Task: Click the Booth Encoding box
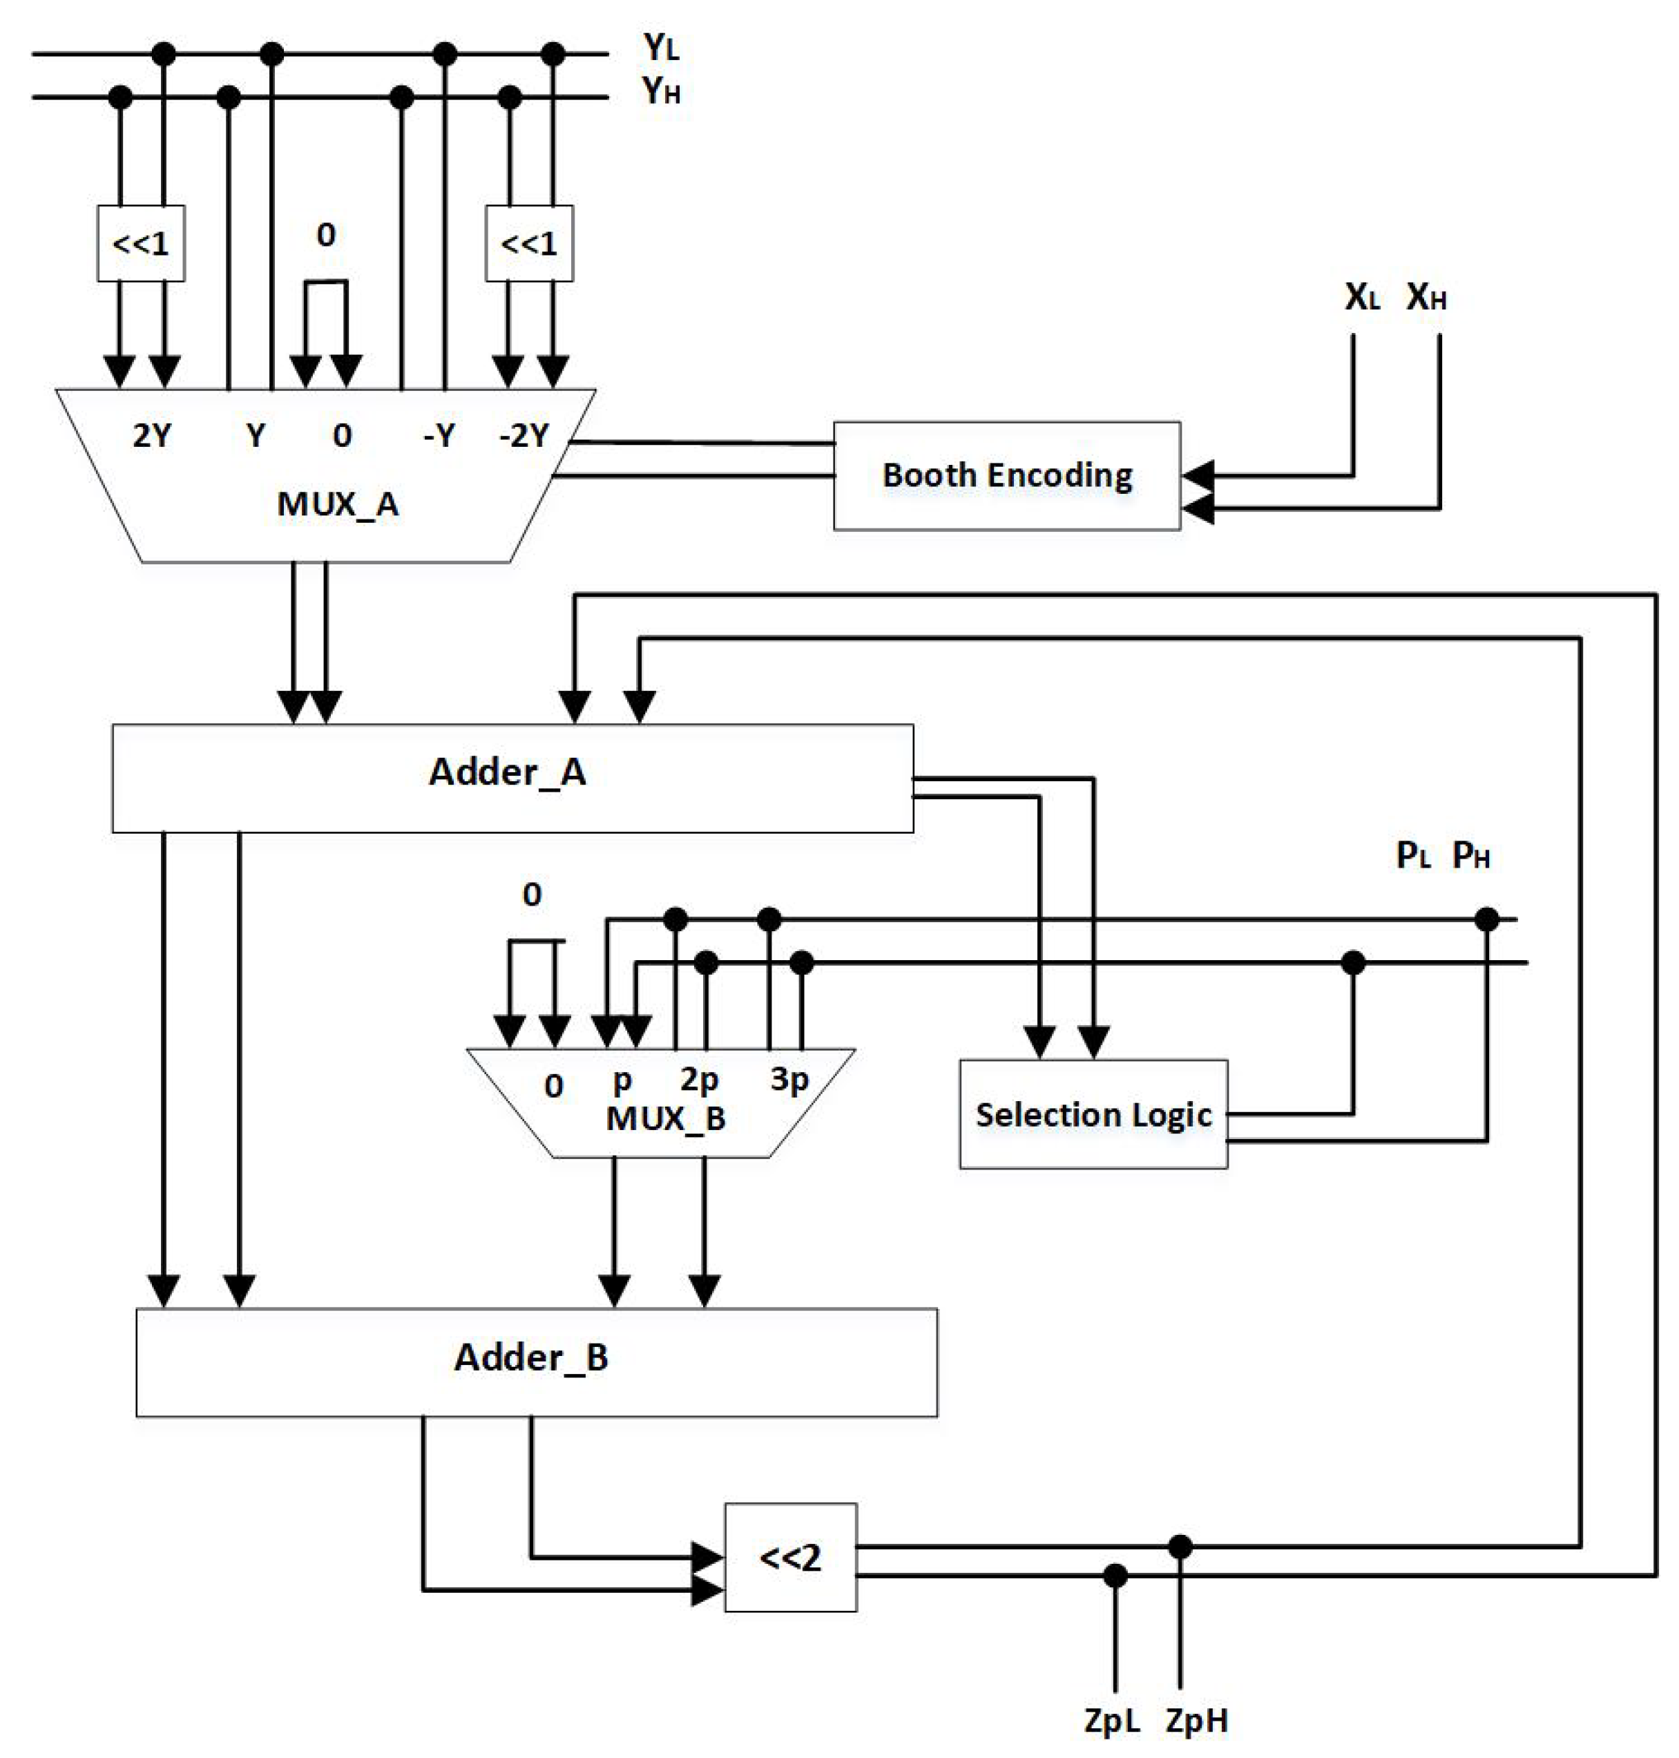(x=1006, y=475)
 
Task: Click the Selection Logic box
(x=1093, y=1114)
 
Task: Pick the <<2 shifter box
(x=790, y=1558)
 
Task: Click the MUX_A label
(x=338, y=504)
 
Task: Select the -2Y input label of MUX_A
(x=524, y=436)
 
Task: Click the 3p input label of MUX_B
(x=789, y=1080)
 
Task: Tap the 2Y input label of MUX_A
(x=152, y=436)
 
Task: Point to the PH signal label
(x=1470, y=856)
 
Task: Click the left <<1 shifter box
(x=140, y=243)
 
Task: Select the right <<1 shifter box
(x=529, y=243)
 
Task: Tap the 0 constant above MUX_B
(x=532, y=895)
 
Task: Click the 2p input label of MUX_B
(x=699, y=1080)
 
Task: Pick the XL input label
(x=1362, y=297)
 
